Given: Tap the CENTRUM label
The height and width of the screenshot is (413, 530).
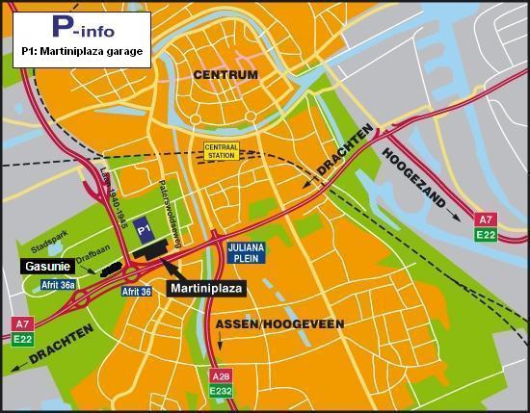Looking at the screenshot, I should coord(225,74).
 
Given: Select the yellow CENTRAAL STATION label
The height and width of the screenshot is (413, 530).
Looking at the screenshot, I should coord(221,151).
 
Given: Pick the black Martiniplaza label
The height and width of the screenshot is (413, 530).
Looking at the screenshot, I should coord(207,288).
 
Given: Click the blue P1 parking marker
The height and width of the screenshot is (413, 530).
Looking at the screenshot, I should coord(143,229).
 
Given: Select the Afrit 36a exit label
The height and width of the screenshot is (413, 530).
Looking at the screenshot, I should coord(59,285).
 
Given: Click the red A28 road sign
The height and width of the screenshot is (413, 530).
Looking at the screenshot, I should coord(221,374).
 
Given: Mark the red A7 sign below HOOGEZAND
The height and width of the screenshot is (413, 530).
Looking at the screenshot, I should coord(487,219).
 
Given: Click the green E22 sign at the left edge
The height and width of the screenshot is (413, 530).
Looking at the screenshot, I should coord(21,339).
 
